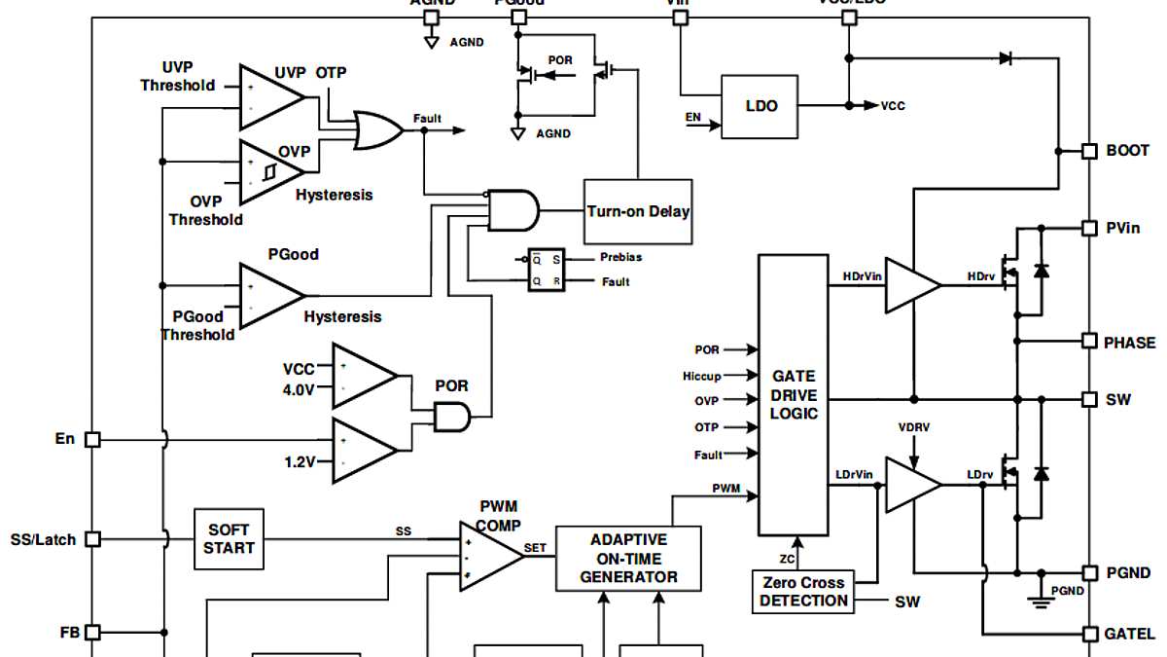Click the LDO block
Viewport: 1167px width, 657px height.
pyautogui.click(x=760, y=106)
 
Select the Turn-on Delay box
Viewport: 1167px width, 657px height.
pyautogui.click(x=638, y=211)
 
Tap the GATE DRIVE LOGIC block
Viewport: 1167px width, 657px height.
pyautogui.click(x=794, y=395)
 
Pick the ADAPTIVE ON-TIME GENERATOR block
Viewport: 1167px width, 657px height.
pyautogui.click(x=628, y=559)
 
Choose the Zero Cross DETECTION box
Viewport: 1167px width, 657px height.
pyautogui.click(x=803, y=592)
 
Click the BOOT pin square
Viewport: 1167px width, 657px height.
pyautogui.click(x=1089, y=151)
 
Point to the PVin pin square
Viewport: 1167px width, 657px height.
pyautogui.click(x=1089, y=228)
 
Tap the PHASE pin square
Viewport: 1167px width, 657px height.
pyautogui.click(x=1089, y=342)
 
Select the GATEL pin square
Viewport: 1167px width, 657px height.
pyautogui.click(x=1089, y=634)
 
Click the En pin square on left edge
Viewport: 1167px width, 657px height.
pyautogui.click(x=92, y=440)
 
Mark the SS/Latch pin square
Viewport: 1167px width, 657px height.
pyautogui.click(x=92, y=539)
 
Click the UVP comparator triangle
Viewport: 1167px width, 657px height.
pyautogui.click(x=268, y=96)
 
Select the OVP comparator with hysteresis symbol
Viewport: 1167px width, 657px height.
pyautogui.click(x=268, y=171)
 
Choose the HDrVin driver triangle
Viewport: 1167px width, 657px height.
pyautogui.click(x=910, y=286)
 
